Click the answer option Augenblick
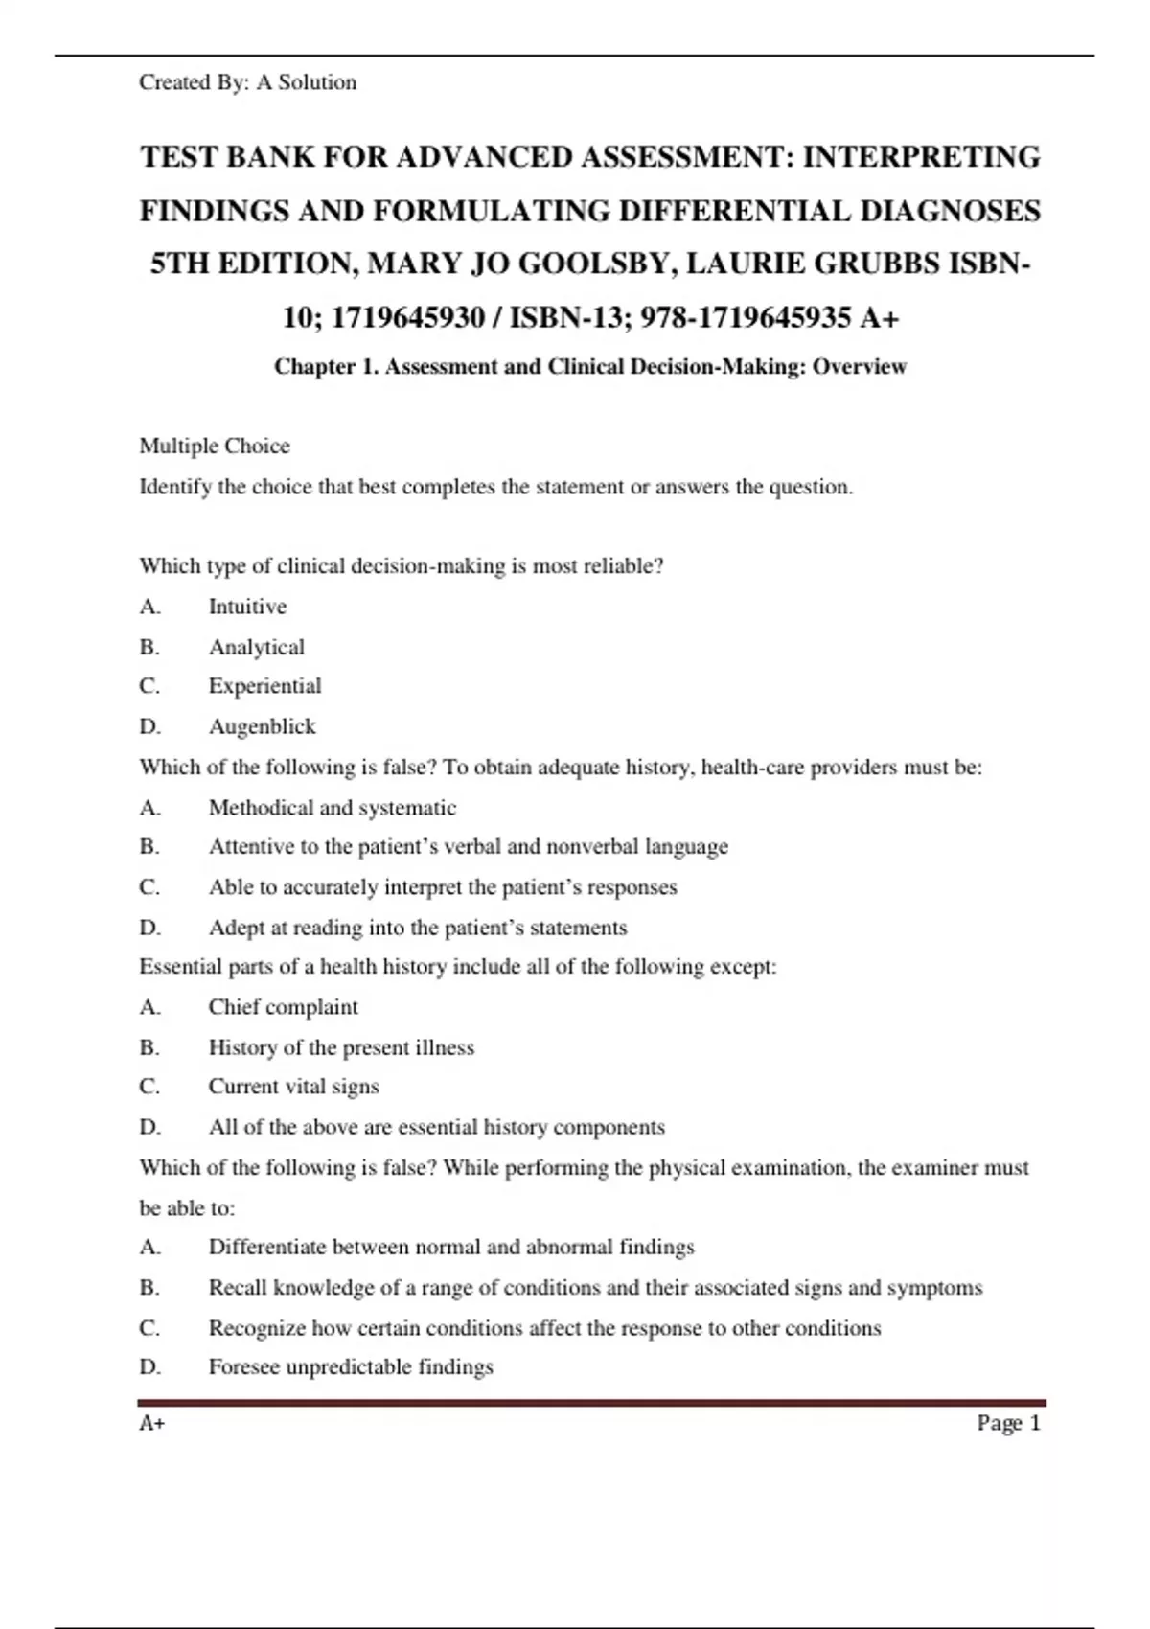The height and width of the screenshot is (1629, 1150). coord(262,726)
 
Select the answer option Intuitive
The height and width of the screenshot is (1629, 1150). coord(247,607)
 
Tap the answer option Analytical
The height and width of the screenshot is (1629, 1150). coord(256,648)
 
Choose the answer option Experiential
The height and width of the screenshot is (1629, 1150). coord(264,686)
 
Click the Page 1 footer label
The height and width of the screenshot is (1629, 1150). coord(1008,1423)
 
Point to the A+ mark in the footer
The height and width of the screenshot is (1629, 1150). coord(152,1423)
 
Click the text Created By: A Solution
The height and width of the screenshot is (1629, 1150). coord(247,82)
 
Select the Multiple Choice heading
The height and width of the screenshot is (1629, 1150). coord(215,446)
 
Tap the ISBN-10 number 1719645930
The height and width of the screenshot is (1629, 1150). coord(407,317)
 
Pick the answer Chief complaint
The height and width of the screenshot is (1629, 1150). coord(283,1007)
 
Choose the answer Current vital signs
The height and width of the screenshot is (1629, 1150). coord(293,1087)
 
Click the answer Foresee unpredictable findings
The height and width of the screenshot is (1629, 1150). coord(351,1366)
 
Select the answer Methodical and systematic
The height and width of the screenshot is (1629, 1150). coord(332,808)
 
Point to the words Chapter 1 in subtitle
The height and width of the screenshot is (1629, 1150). coord(326,367)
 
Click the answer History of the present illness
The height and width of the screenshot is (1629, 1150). coord(341,1047)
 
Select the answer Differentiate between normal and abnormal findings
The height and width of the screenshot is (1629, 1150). coord(450,1247)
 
